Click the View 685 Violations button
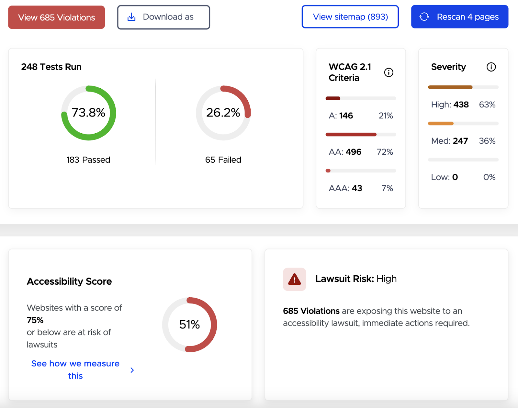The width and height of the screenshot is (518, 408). tap(56, 17)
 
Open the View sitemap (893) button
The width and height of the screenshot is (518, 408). tap(350, 17)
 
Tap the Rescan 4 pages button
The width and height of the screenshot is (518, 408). tap(459, 17)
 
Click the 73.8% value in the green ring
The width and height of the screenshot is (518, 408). tap(88, 113)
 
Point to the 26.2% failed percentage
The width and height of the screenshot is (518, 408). tap(223, 113)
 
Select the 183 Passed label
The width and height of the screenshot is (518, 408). tap(88, 160)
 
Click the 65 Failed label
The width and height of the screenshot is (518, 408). tap(223, 160)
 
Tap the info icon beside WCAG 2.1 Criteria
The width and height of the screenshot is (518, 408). tap(388, 72)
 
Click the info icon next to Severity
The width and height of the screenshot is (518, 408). tap(491, 67)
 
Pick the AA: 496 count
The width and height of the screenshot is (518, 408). tap(345, 152)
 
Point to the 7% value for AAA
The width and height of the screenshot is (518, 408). tap(387, 188)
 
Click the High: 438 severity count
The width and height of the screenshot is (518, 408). tap(450, 105)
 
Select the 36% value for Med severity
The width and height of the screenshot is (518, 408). tap(487, 141)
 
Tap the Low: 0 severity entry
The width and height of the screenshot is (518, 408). tap(444, 177)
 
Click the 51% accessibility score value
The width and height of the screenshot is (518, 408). tap(189, 325)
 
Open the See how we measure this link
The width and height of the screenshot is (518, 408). tap(75, 369)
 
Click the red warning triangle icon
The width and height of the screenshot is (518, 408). tap(294, 279)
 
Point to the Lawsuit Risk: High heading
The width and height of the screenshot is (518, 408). tap(356, 279)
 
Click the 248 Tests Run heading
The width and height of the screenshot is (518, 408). tap(51, 67)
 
